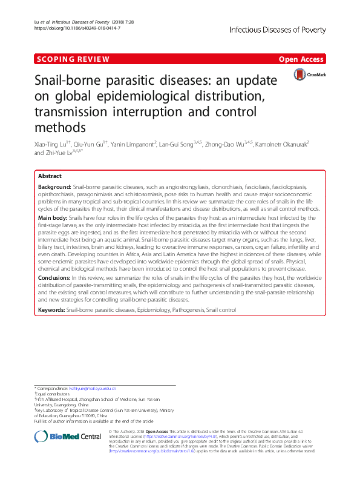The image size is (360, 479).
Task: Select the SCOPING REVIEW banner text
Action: pos(72,59)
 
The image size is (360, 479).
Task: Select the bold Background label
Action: pos(54,187)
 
